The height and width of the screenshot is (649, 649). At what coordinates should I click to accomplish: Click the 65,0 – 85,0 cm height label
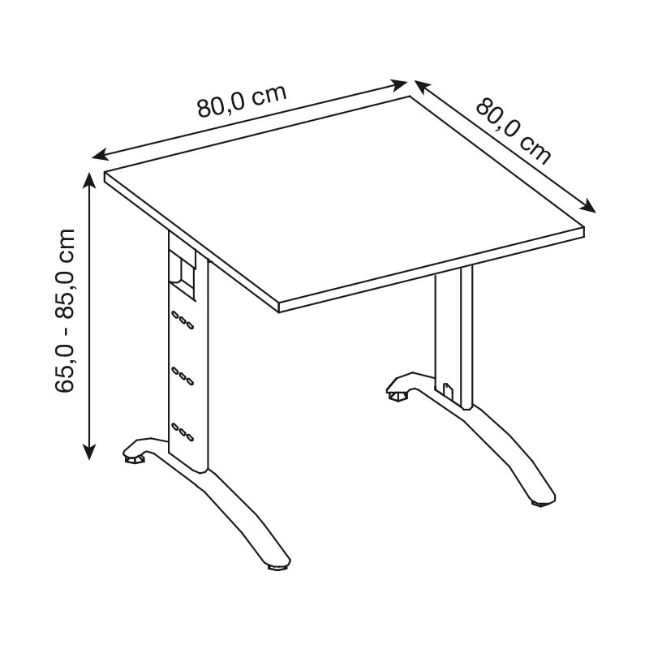coord(65,310)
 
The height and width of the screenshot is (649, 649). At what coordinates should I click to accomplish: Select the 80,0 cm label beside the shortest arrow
coord(514,131)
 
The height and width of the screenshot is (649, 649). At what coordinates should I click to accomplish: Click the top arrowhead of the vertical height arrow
coord(89,181)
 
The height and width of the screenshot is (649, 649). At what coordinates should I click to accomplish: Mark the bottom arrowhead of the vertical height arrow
coord(89,451)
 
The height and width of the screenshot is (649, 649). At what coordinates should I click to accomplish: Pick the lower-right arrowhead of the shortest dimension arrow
coord(588,207)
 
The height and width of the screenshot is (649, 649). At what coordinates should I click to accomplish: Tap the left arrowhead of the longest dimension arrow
coord(101,155)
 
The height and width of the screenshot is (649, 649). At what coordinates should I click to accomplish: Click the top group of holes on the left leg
coord(183,320)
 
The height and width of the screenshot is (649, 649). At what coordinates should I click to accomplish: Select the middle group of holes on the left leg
coord(183,375)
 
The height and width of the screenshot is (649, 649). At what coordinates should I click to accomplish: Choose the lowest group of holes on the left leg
coord(183,432)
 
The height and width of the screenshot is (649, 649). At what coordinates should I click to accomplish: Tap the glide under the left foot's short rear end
coord(135,459)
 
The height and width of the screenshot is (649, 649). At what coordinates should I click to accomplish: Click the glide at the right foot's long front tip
coord(543,504)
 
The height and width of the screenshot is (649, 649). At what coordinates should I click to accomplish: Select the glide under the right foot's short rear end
coord(398,397)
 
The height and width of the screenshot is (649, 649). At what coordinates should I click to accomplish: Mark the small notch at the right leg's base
coord(449,391)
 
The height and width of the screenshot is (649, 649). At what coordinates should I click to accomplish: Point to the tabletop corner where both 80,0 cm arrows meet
coord(410,97)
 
